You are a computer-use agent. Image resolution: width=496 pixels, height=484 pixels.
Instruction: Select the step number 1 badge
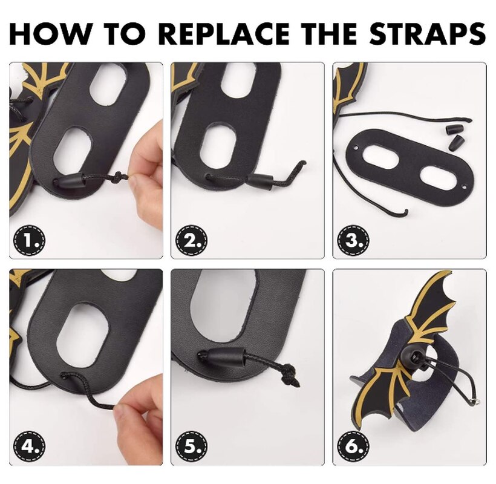click(x=29, y=240)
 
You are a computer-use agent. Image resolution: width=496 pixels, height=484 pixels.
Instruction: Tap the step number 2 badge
click(x=191, y=240)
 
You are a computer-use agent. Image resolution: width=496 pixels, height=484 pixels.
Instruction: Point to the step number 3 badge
click(x=353, y=240)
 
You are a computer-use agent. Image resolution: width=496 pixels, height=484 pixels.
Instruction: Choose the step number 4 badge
click(x=29, y=446)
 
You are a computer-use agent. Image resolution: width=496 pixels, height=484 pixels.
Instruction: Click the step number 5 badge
click(x=191, y=446)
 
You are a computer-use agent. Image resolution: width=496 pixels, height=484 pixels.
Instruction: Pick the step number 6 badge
click(x=353, y=446)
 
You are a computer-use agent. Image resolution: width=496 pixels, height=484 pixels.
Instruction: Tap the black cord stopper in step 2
click(x=259, y=182)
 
